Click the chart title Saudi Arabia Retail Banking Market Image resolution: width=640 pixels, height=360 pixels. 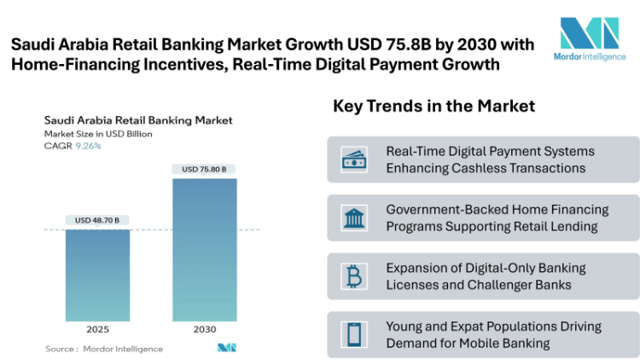click(138, 120)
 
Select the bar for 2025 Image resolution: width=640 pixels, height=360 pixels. click(97, 275)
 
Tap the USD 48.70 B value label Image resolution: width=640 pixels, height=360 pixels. click(97, 220)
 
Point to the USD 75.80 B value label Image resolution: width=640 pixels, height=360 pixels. click(205, 169)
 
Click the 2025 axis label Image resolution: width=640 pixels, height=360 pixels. click(97, 329)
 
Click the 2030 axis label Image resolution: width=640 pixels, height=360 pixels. click(205, 329)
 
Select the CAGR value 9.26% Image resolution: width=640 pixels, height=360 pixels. click(88, 146)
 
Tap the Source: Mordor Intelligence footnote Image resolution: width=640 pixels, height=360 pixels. click(104, 348)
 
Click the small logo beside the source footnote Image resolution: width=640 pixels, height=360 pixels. click(226, 348)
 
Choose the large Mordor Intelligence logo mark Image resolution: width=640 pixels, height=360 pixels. click(589, 32)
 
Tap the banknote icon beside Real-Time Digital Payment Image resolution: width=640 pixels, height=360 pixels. click(353, 160)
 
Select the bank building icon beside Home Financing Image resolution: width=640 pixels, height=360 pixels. click(353, 218)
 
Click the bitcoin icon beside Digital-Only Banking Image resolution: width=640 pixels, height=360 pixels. click(353, 276)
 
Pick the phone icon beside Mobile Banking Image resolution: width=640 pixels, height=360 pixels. click(353, 334)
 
